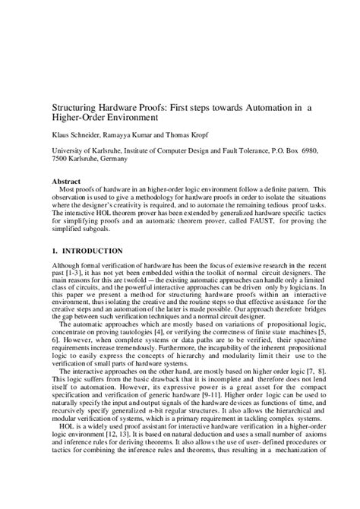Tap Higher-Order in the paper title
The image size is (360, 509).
tap(79, 119)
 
